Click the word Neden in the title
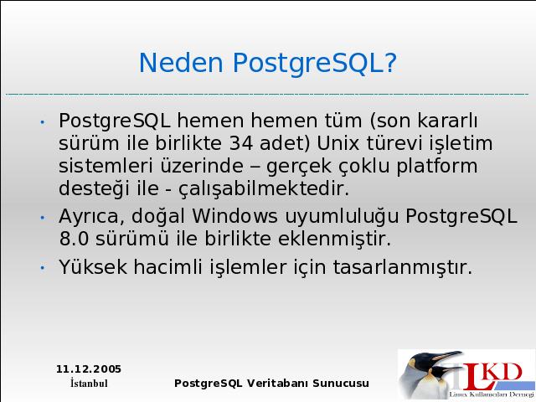181,63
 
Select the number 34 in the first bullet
241,143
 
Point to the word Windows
234,216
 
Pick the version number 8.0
74,239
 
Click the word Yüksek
93,267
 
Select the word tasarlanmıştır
403,267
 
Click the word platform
437,167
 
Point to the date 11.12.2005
89,369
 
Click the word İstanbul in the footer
89,383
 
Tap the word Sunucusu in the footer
341,384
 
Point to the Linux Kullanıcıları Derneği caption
492,394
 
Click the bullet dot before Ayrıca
43,218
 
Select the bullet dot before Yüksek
43,268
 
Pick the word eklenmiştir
334,239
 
